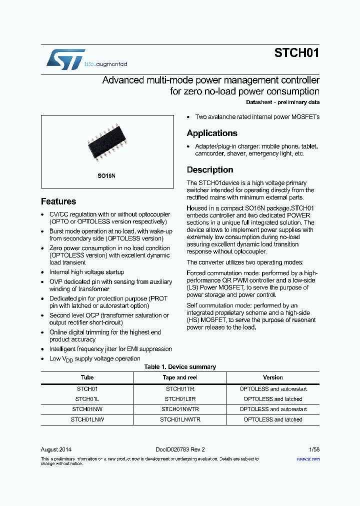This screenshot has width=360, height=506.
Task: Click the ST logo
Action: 65,59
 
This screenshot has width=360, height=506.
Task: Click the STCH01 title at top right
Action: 296,53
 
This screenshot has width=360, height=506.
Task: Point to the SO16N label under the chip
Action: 106,176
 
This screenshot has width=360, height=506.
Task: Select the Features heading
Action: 58,201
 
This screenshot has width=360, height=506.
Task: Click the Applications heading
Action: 212,133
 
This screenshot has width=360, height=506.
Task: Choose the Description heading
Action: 210,170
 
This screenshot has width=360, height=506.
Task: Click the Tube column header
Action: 87,377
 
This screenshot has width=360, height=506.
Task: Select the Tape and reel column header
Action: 180,377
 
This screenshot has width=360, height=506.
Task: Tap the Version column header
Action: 273,377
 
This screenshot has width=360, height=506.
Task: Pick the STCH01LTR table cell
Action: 180,399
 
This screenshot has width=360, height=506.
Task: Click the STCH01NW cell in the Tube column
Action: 87,409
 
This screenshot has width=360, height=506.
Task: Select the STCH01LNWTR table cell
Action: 180,419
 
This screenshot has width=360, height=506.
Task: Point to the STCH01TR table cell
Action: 180,388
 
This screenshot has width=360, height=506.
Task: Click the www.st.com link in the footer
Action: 308,458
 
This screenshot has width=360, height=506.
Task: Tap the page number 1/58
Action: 314,449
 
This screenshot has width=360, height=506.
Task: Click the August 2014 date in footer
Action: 56,449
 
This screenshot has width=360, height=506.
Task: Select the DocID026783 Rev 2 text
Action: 180,449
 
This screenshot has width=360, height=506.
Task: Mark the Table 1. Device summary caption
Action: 180,367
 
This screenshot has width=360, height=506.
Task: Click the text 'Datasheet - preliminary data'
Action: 282,102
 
